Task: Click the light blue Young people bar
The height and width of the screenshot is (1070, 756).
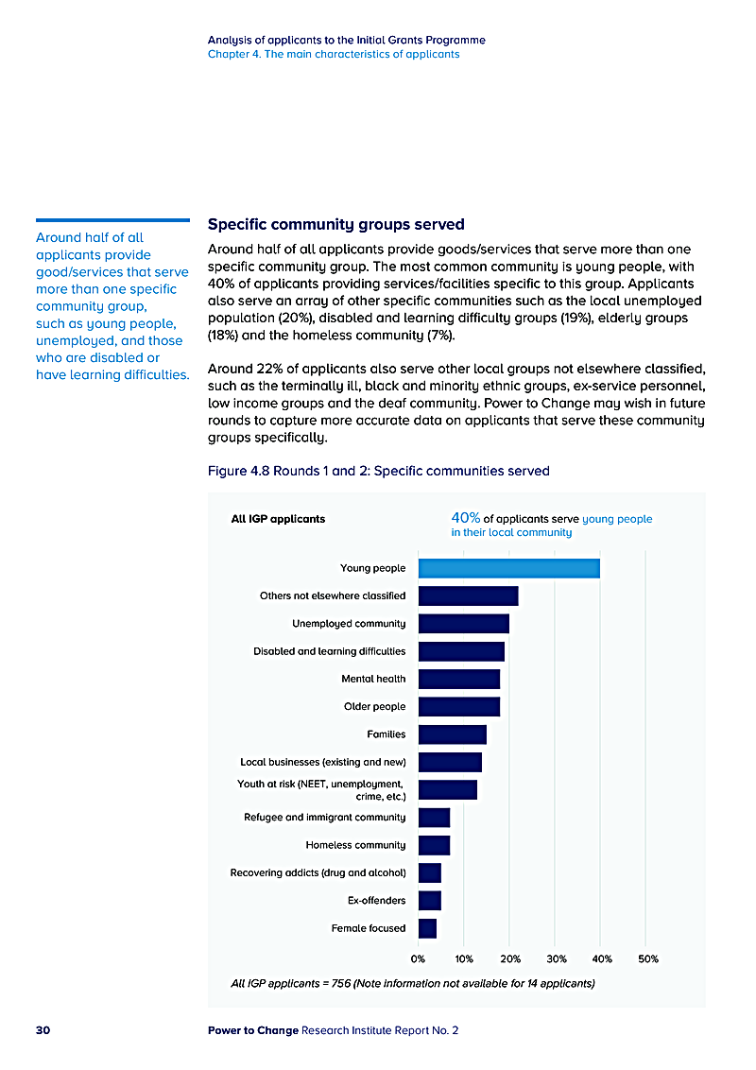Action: tap(508, 568)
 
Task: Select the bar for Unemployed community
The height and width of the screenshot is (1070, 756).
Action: tap(463, 624)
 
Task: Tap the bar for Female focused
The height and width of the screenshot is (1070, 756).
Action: tap(427, 928)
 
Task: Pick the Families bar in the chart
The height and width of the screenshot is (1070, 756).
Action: tap(452, 734)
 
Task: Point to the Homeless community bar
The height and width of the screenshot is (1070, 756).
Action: tap(434, 845)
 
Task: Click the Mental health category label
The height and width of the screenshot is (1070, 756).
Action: tap(373, 679)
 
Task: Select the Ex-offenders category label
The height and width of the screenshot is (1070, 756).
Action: tap(376, 901)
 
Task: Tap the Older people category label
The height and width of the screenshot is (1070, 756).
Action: tap(374, 707)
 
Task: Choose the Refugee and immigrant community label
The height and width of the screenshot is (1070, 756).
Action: tap(324, 818)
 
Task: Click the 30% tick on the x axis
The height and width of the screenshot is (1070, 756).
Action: tap(557, 958)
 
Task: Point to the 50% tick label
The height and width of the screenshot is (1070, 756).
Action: tap(648, 958)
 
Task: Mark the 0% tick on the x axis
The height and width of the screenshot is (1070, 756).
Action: tap(418, 958)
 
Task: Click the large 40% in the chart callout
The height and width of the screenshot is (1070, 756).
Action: tap(466, 518)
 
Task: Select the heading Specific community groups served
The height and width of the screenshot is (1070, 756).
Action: tap(335, 225)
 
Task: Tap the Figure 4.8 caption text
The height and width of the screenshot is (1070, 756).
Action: tap(378, 471)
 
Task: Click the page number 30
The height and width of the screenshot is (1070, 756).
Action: tap(43, 1030)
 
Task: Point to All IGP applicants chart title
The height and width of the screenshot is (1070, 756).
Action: tap(278, 519)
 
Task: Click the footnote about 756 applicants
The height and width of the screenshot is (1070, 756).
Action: tap(412, 984)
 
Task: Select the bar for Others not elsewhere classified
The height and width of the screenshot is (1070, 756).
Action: tap(468, 595)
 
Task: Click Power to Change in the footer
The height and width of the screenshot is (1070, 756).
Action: tap(252, 1030)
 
